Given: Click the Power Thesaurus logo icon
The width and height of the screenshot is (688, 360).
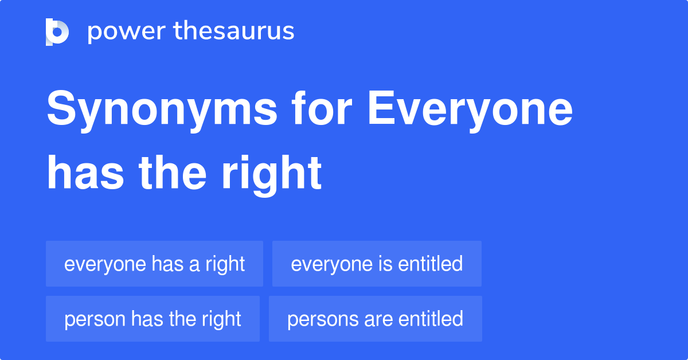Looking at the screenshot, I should [57, 32].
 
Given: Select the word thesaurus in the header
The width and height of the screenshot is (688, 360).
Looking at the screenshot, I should [234, 32].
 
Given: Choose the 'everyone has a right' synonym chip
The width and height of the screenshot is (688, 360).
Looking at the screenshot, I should [154, 264].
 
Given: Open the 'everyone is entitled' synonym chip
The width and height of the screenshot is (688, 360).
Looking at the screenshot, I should [377, 264].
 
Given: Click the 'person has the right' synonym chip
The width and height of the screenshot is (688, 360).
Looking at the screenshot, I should [153, 319].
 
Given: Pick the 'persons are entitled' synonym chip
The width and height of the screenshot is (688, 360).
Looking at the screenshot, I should [375, 319].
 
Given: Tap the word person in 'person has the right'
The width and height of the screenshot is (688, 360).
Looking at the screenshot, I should [95, 319].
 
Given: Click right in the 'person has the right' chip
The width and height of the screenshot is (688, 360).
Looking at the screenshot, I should [222, 319].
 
